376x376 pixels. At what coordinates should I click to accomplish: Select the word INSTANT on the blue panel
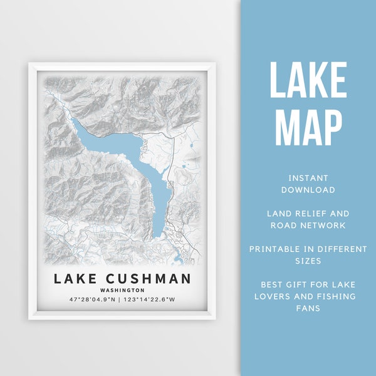click(x=308, y=178)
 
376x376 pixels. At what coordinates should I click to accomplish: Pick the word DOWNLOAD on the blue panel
click(x=308, y=190)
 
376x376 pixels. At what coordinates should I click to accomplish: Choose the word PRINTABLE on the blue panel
click(x=277, y=249)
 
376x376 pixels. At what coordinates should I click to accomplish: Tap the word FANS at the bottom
click(x=308, y=308)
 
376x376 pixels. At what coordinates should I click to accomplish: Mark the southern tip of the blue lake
click(x=154, y=237)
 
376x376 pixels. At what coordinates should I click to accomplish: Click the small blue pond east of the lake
click(x=184, y=166)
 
